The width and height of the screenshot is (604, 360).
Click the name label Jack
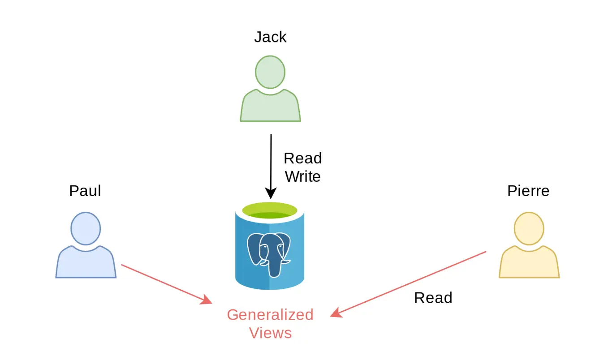tap(270, 37)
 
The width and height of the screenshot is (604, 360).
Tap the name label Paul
tap(85, 191)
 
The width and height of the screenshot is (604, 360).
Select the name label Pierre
tap(528, 191)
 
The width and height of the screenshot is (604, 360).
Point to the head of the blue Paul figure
tap(85, 228)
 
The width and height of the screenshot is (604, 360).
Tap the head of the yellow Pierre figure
tap(529, 228)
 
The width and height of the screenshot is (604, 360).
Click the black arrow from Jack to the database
tap(271, 161)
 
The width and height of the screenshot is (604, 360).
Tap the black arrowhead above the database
tap(271, 193)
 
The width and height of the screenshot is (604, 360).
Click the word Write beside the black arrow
tap(303, 176)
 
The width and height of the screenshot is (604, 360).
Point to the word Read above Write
tap(303, 158)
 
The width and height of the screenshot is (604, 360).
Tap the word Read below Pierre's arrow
tap(433, 298)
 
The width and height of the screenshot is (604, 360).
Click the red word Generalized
tap(270, 315)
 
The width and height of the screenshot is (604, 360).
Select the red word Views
tap(270, 333)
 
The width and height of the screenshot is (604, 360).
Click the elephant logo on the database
tap(269, 253)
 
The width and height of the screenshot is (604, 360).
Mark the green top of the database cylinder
tap(270, 210)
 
